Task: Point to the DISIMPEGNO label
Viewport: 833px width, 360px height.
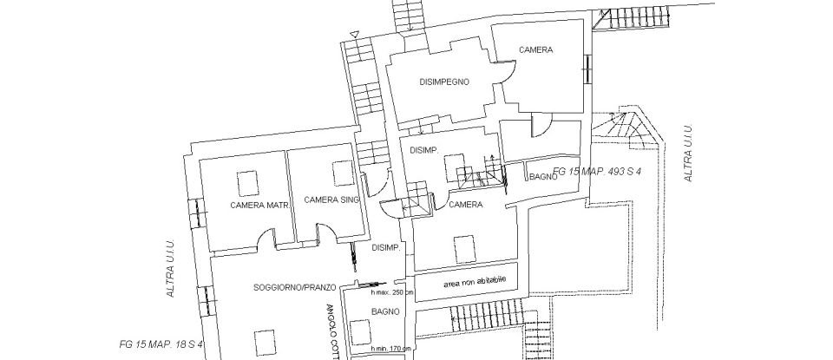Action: point(444,83)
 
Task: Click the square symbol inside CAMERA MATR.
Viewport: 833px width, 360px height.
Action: point(248,181)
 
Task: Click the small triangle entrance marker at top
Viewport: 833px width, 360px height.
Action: point(354,35)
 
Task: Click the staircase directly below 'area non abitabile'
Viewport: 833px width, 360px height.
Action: point(469,318)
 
